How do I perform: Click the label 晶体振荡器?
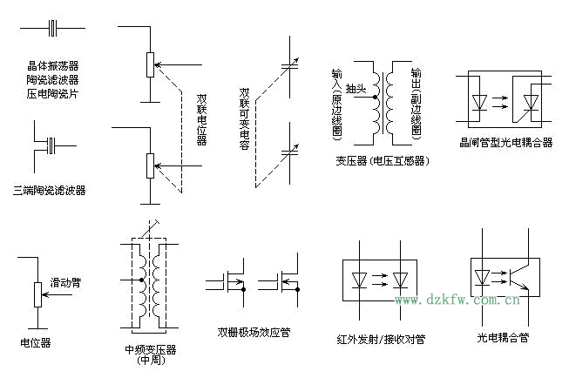coord(52,65)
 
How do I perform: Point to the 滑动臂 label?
coord(64,283)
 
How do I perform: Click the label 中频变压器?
coord(151,349)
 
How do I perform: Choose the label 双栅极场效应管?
coord(254,332)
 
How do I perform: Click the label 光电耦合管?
coord(503,336)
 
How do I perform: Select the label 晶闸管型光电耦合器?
coord(505,142)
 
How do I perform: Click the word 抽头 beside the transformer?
coord(356,89)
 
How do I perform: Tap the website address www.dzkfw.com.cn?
coord(457,300)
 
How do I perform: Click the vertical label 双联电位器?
coord(200,119)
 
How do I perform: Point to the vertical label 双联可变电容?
coord(245,119)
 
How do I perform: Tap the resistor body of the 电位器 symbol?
coord(36,294)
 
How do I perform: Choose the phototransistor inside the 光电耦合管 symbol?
coord(520,278)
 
